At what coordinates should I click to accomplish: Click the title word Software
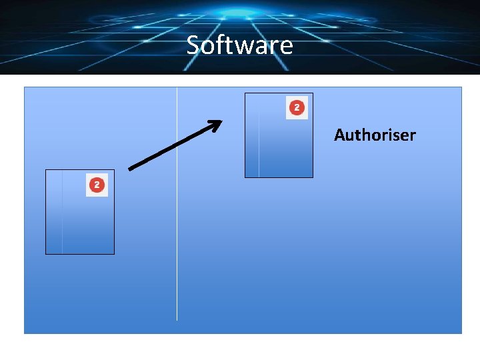coord(239,45)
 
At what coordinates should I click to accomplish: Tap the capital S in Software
coord(193,45)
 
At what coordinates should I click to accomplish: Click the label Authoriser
coord(375,135)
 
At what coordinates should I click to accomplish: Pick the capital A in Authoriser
coord(340,135)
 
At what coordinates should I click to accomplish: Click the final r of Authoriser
coord(412,137)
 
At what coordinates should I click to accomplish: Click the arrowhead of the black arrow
coord(217,123)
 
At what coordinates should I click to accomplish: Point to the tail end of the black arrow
coord(130,169)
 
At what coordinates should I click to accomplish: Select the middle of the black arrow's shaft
coord(173,145)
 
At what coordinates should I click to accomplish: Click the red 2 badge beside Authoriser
coord(297,108)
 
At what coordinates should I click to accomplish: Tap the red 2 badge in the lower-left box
coord(97,185)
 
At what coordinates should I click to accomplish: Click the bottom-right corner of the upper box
coord(313,177)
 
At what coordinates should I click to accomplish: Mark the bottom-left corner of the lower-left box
coord(45,254)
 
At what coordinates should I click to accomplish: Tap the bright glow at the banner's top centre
coord(240,11)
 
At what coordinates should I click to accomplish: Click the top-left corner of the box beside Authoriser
coord(245,93)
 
